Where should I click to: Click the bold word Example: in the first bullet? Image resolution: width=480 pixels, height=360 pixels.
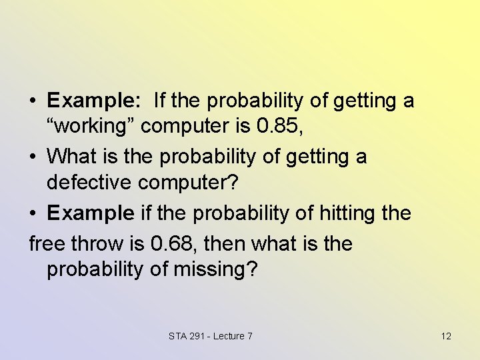93,101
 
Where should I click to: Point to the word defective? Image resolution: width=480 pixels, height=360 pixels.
91,183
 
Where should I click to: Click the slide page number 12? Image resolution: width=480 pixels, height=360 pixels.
446,336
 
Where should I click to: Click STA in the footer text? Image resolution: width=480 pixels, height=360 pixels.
178,336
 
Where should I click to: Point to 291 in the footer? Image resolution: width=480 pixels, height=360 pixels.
197,336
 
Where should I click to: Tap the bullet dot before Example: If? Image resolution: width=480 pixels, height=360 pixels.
33,102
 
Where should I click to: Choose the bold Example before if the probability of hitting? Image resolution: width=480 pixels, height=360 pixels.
91,214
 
